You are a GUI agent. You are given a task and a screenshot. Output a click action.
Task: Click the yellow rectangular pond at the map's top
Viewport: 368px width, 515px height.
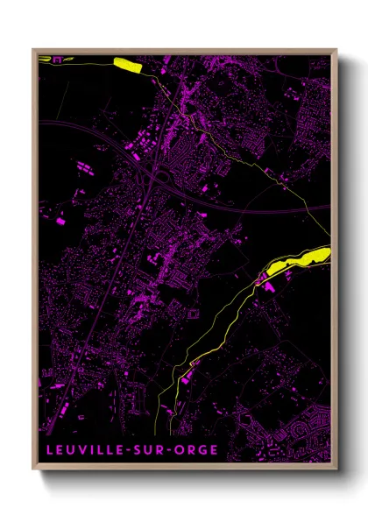tap(127, 63)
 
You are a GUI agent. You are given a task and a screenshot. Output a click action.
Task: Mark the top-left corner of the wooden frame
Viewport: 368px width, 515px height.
tap(33, 49)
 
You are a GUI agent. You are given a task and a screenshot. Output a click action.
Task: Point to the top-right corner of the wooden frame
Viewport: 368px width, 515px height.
tap(336, 49)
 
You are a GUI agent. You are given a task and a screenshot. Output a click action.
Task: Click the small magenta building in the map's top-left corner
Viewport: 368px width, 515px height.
tap(58, 60)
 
